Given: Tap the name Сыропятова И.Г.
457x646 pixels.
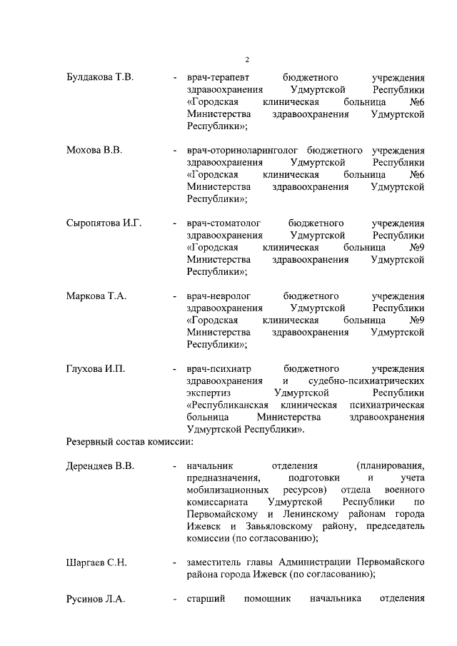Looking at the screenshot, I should click(104, 223).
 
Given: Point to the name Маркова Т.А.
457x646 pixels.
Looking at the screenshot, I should click(96, 296).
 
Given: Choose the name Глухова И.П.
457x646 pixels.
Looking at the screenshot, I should click(95, 369).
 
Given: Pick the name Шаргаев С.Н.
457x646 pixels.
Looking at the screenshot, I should click(96, 562).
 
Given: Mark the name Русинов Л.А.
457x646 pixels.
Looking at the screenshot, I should click(95, 600).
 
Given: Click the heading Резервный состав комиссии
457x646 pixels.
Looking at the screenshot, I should click(129, 443).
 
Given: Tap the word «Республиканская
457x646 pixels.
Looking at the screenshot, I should click(233, 405).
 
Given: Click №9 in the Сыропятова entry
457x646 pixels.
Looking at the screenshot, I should click(417, 248).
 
